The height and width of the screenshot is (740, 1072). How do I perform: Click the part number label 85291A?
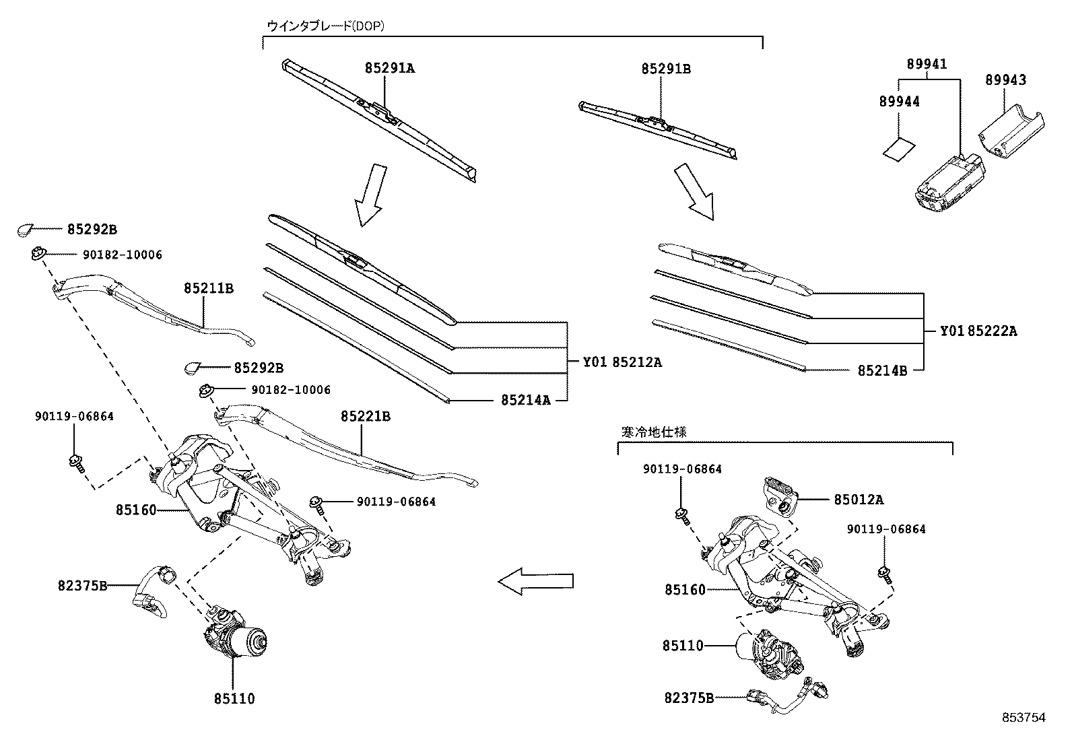point(390,68)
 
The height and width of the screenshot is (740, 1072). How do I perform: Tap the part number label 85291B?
point(665,69)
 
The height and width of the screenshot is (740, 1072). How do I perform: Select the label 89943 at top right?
point(1006,80)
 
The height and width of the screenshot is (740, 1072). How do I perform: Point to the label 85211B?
point(208,288)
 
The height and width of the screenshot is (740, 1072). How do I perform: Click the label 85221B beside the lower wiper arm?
point(365,417)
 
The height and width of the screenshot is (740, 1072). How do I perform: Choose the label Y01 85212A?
point(622,362)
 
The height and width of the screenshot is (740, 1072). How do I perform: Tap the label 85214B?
point(882,370)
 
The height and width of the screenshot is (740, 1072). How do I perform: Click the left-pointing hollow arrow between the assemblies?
point(535,580)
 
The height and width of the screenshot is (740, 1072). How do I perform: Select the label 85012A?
point(859,500)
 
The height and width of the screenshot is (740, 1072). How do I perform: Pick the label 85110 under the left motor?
point(234,699)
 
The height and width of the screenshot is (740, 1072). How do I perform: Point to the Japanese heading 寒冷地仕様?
point(653,432)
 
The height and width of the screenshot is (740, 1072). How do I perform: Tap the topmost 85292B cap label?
point(92,230)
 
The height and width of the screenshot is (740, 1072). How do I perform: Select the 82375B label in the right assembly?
point(689,698)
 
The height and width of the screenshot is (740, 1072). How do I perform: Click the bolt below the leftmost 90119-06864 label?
point(75,462)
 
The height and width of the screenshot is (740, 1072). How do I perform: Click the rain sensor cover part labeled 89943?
point(1010,128)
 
